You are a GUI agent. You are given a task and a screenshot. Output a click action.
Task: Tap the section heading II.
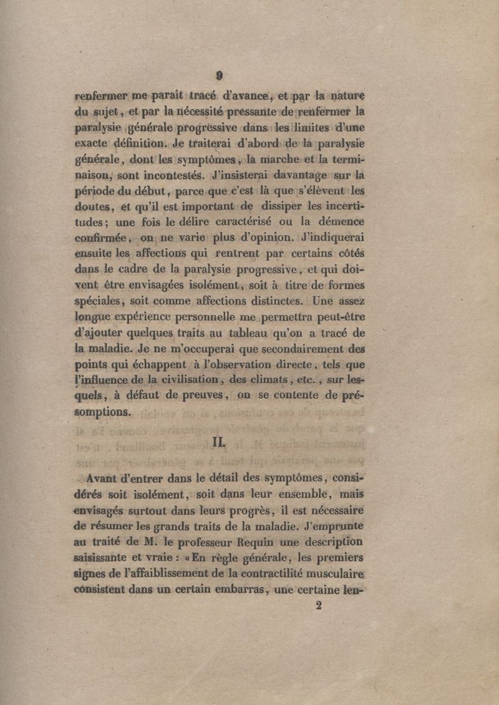point(218,444)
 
